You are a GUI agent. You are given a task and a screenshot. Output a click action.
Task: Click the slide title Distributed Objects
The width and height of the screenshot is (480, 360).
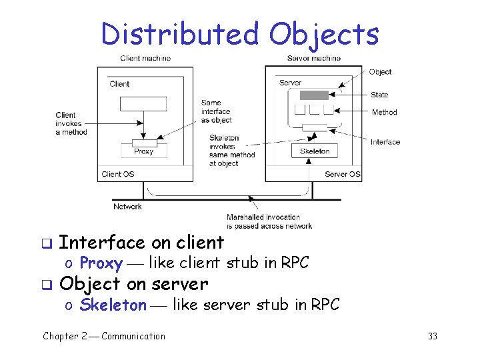[240, 33]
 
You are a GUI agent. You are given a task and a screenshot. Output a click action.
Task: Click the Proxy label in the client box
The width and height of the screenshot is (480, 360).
[143, 151]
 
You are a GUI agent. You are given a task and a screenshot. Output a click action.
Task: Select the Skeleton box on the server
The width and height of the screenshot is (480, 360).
[314, 151]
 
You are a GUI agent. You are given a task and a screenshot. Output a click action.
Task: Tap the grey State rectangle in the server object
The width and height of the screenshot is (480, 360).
[314, 95]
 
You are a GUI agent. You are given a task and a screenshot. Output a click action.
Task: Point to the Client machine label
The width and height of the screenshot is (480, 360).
[145, 58]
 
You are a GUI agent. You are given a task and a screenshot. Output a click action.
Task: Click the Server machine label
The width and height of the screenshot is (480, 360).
[313, 58]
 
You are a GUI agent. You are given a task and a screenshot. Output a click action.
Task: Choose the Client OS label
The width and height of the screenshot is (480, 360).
[117, 175]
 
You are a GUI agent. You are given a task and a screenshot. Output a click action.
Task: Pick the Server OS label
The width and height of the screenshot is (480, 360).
[342, 175]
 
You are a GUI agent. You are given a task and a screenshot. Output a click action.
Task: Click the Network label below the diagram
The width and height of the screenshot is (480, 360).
[127, 207]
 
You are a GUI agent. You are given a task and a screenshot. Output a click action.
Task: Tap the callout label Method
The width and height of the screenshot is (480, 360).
[384, 113]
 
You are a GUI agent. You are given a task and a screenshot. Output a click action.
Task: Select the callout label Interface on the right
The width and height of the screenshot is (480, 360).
[385, 142]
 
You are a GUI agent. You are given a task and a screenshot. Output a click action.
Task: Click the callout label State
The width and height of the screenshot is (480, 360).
[380, 95]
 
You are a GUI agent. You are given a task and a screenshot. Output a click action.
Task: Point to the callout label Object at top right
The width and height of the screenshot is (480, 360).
[380, 72]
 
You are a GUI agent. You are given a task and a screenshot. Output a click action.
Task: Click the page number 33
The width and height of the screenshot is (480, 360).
[432, 336]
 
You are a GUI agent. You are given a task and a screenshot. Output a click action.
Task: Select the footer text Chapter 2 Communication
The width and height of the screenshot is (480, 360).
[104, 336]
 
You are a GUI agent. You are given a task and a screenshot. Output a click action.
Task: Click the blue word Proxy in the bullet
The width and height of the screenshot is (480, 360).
[101, 263]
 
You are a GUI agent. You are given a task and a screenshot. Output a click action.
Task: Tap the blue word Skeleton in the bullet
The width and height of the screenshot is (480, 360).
[113, 305]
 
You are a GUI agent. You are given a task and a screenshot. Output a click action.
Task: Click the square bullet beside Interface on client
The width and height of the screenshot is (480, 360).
[46, 243]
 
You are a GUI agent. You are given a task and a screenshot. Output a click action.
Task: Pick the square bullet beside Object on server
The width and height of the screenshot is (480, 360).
[46, 285]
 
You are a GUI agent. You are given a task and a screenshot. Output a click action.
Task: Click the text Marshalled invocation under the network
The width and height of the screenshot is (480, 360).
[263, 217]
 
